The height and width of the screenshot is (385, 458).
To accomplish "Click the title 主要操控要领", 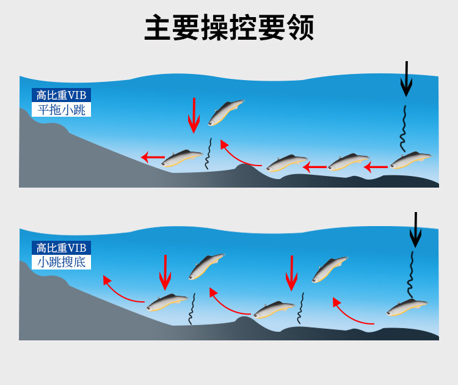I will pyautogui.click(x=229, y=28).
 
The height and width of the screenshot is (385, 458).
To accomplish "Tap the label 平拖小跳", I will pyautogui.click(x=61, y=110).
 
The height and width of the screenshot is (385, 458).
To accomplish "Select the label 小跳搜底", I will pyautogui.click(x=61, y=263).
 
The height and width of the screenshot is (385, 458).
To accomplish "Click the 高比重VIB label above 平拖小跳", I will pyautogui.click(x=61, y=95).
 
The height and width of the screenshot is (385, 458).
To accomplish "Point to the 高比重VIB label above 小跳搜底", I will pyautogui.click(x=61, y=248).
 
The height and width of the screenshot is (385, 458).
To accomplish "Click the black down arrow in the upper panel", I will pyautogui.click(x=406, y=79).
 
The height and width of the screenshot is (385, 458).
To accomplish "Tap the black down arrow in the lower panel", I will pyautogui.click(x=415, y=230).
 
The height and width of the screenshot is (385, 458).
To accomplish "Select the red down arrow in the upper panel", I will pyautogui.click(x=194, y=115).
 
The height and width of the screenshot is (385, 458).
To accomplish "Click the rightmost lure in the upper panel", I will pyautogui.click(x=410, y=161).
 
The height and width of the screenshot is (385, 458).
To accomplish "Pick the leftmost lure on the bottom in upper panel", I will pyautogui.click(x=182, y=159).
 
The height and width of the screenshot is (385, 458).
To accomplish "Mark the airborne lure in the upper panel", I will pyautogui.click(x=225, y=112).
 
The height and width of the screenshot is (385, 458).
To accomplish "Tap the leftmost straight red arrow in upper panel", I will pyautogui.click(x=152, y=157).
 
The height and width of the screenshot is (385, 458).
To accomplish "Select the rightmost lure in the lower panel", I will pyautogui.click(x=407, y=307).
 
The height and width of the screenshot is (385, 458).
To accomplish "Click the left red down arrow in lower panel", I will pyautogui.click(x=165, y=272).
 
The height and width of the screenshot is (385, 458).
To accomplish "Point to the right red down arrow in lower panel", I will pyautogui.click(x=292, y=273).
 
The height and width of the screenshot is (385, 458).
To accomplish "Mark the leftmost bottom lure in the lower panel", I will pyautogui.click(x=167, y=301).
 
